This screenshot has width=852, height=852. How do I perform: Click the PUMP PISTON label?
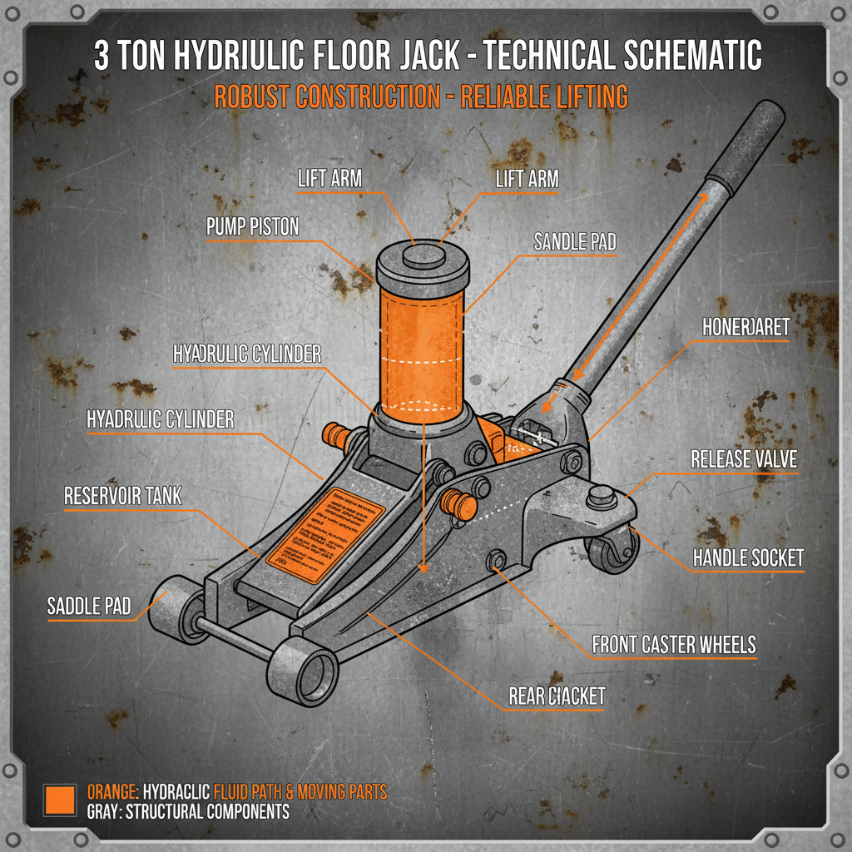[252, 227]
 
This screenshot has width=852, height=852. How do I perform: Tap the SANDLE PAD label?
[575, 242]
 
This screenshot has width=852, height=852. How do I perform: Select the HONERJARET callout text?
[745, 327]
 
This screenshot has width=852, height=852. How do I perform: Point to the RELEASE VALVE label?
[743, 460]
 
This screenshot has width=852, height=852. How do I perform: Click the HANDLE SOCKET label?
[749, 557]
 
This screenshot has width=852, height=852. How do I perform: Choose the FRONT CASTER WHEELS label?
[674, 645]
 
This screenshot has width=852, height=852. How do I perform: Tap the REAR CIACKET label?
[557, 696]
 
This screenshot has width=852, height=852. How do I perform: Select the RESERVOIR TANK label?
[122, 497]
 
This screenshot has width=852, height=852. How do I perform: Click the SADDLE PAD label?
[89, 607]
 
